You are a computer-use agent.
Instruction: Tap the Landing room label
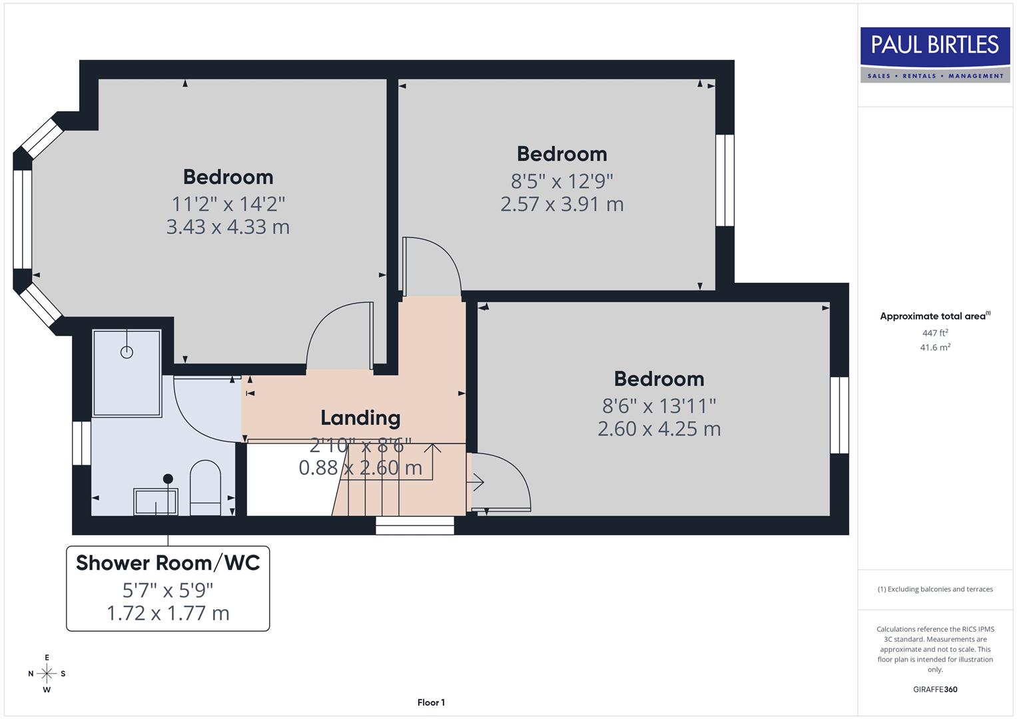point(360,417)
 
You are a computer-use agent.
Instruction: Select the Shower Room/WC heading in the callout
point(168,563)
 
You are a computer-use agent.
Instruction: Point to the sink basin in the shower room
point(156,501)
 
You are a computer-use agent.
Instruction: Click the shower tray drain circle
point(127,352)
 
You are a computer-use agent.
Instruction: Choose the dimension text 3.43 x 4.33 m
point(228,227)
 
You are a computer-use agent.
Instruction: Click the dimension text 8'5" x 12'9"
point(561,181)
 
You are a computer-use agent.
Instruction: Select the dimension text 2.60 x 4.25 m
point(659,429)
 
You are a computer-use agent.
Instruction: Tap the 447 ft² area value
point(934,333)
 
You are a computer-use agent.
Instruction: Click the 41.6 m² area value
point(934,348)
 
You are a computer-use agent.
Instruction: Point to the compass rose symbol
point(47,674)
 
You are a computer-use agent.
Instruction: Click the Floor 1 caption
point(431,702)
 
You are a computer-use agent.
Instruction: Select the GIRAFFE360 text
point(934,689)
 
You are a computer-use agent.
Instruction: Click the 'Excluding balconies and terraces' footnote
point(934,589)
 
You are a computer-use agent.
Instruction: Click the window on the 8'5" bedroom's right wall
point(725,180)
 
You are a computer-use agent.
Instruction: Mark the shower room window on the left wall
point(81,443)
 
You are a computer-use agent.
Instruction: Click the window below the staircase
point(414,525)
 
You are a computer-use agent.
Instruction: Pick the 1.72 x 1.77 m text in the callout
point(168,613)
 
